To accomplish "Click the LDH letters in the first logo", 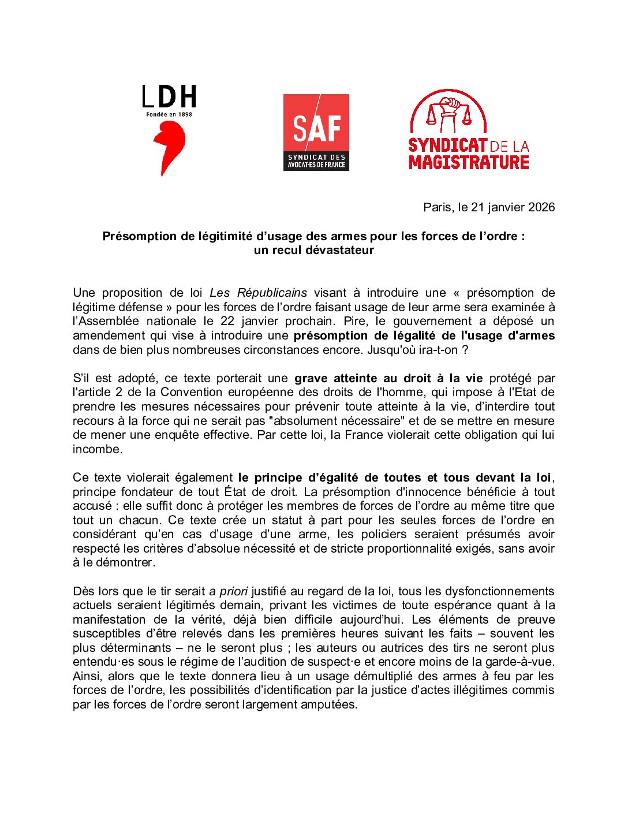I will coord(169,97).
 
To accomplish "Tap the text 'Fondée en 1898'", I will coord(169,114).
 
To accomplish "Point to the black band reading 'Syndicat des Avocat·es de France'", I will coord(316,161).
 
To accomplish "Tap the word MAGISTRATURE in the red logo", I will coord(469,162).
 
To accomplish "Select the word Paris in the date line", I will coord(438,207).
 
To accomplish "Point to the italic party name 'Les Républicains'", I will coord(258,293).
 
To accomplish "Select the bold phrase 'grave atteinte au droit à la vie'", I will coord(388,378).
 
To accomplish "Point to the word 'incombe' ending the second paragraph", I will coord(96,449).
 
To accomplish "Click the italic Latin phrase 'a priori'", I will coord(229,591).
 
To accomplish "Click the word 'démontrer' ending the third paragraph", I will coord(128,562).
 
